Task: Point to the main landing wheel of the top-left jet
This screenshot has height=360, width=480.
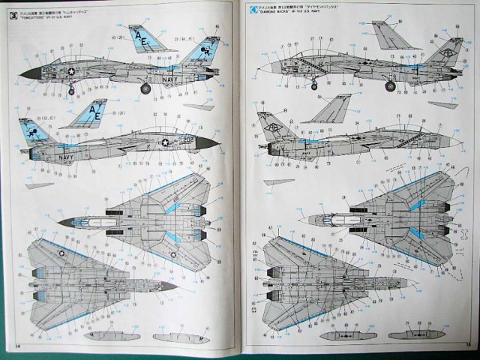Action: tap(145, 88)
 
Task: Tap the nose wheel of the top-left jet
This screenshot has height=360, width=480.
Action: tap(71, 91)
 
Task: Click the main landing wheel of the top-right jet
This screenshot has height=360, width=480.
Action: tap(389, 87)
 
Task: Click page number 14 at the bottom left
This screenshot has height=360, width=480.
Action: tap(16, 346)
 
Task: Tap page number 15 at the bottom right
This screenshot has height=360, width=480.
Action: tap(466, 346)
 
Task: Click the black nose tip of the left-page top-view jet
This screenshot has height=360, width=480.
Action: tap(60, 222)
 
